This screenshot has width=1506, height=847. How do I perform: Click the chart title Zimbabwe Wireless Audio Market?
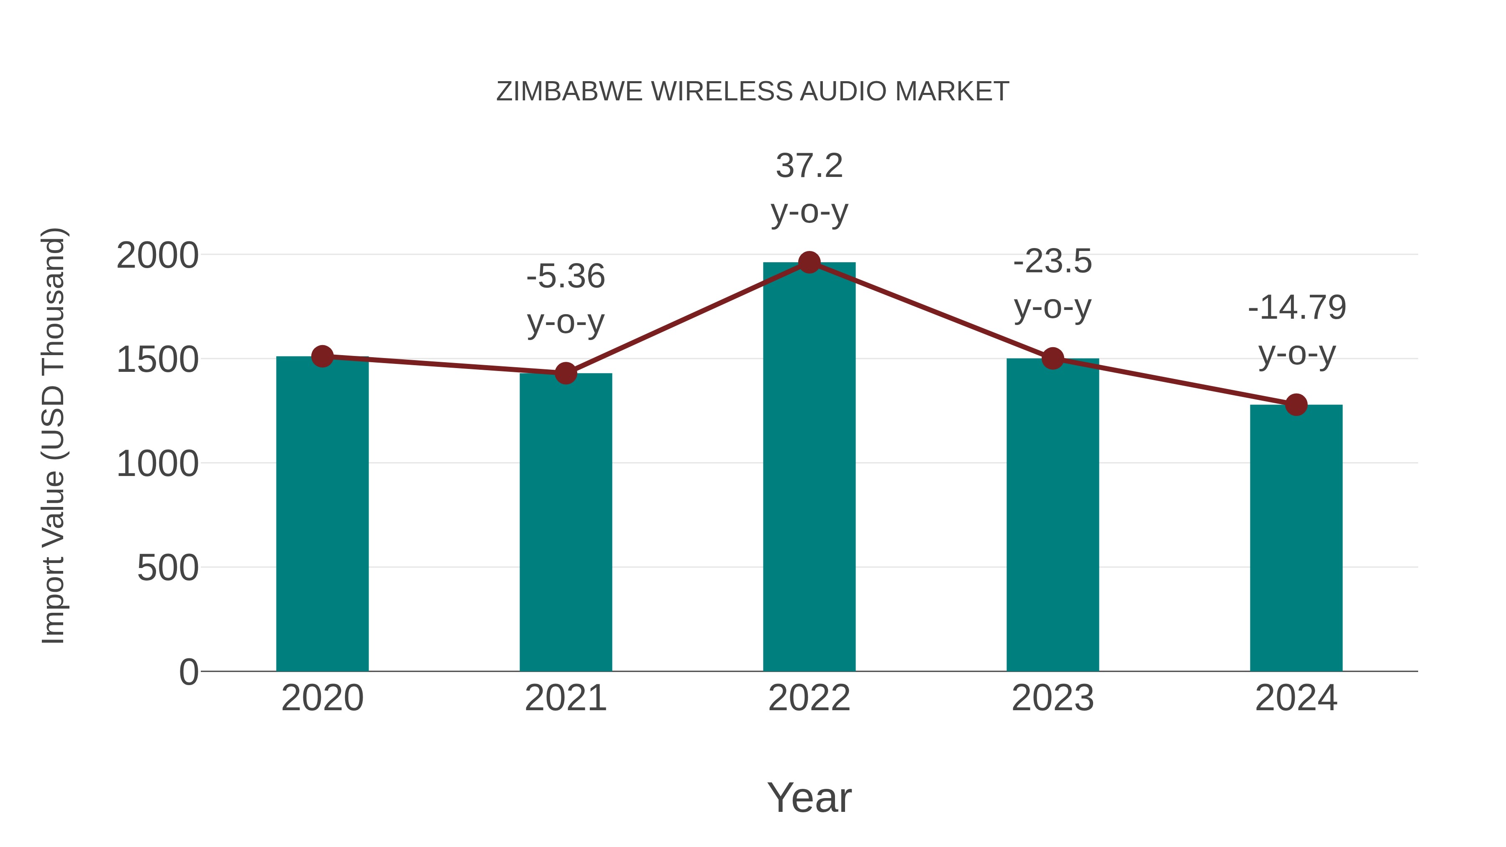click(x=753, y=92)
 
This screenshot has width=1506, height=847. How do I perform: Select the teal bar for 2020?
click(x=322, y=514)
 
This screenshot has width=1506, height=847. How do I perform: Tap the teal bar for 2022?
click(x=809, y=468)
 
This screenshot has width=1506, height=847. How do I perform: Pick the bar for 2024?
click(x=1296, y=538)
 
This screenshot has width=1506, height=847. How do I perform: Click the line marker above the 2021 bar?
click(x=565, y=373)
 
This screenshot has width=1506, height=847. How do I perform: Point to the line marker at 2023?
click(x=1053, y=358)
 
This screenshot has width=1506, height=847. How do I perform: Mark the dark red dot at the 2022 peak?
click(x=809, y=262)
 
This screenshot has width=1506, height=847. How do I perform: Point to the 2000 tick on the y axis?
click(x=157, y=256)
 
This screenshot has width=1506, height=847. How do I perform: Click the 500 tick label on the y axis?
click(x=168, y=568)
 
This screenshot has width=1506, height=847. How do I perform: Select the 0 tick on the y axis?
click(x=189, y=672)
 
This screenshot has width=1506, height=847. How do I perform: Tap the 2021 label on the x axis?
click(x=565, y=698)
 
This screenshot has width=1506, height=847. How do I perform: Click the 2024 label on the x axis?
click(x=1296, y=698)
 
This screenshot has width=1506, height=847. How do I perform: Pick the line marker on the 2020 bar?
click(x=322, y=356)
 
